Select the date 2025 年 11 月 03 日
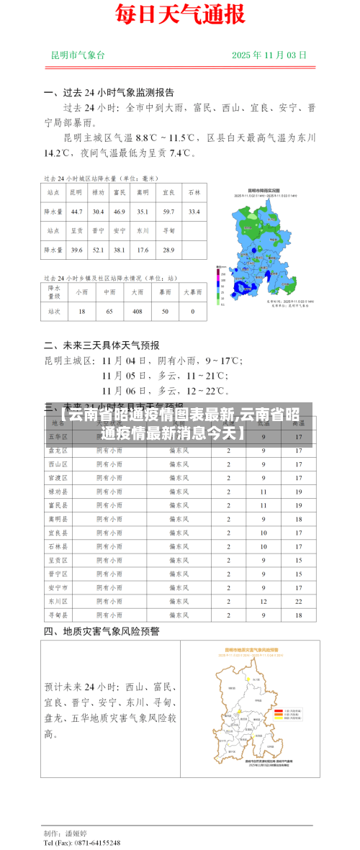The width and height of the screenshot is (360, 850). [269, 55]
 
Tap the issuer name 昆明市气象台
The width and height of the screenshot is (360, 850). [78, 55]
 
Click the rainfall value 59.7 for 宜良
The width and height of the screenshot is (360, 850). [168, 212]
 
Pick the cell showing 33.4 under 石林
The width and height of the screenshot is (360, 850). [194, 212]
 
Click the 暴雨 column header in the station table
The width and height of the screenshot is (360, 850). [165, 292]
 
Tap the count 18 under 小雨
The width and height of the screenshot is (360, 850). [82, 312]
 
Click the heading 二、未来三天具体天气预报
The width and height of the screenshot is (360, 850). [102, 345]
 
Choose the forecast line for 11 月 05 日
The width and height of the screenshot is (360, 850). [165, 376]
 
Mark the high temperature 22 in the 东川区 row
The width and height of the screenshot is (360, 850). [298, 601]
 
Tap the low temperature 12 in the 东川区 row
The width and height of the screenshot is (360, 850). [264, 601]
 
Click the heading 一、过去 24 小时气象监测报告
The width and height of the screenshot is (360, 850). [109, 93]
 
